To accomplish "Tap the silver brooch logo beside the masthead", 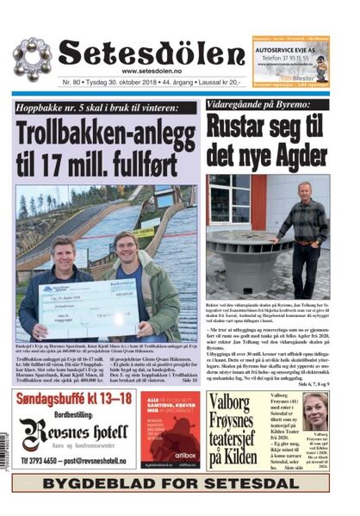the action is coord(31,57).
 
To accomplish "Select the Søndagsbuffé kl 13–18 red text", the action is coord(77,399).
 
